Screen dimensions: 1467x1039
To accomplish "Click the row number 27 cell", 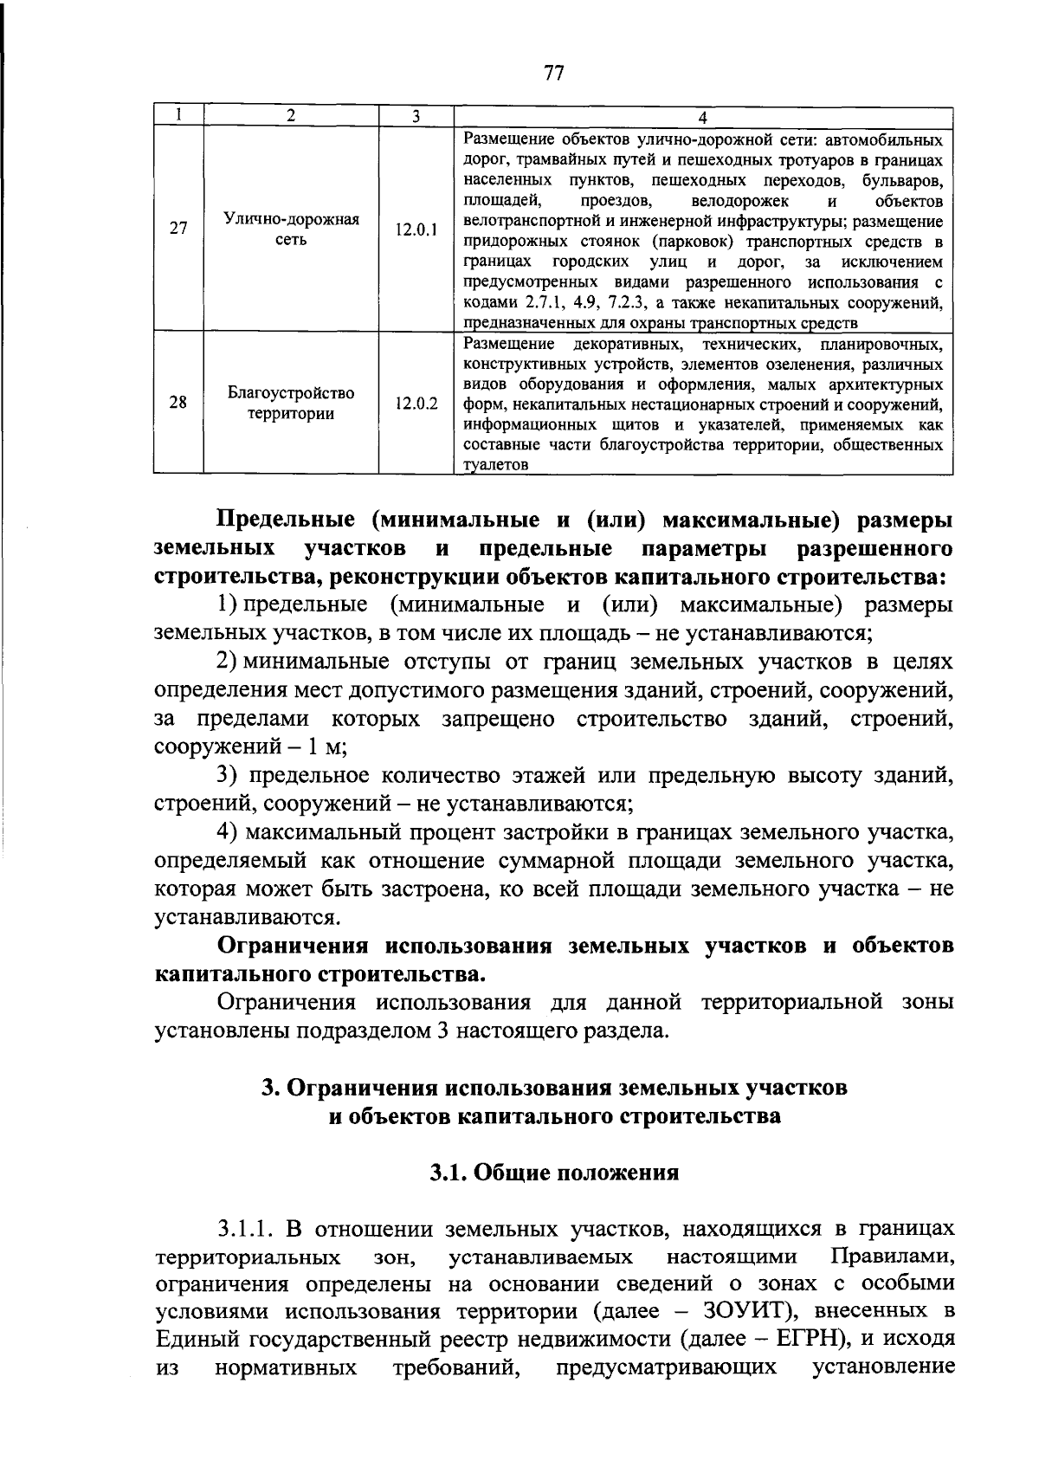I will (178, 229).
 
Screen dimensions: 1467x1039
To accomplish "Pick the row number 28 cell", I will (178, 403).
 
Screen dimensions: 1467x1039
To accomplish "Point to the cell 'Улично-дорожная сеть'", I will (291, 229).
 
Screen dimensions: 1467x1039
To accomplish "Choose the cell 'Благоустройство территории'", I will (291, 403).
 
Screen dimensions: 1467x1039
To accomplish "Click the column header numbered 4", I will (702, 118).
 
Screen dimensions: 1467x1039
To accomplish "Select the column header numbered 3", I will (416, 116).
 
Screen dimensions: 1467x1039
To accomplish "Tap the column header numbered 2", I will (291, 116).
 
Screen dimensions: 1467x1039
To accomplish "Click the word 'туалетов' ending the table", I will (495, 466).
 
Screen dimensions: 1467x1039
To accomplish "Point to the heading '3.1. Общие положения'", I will (554, 1173).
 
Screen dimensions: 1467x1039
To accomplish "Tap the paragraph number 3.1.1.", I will (246, 1229).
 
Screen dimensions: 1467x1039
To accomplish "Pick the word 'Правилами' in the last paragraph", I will (892, 1256).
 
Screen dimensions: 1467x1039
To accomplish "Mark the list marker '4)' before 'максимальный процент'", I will (227, 833).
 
